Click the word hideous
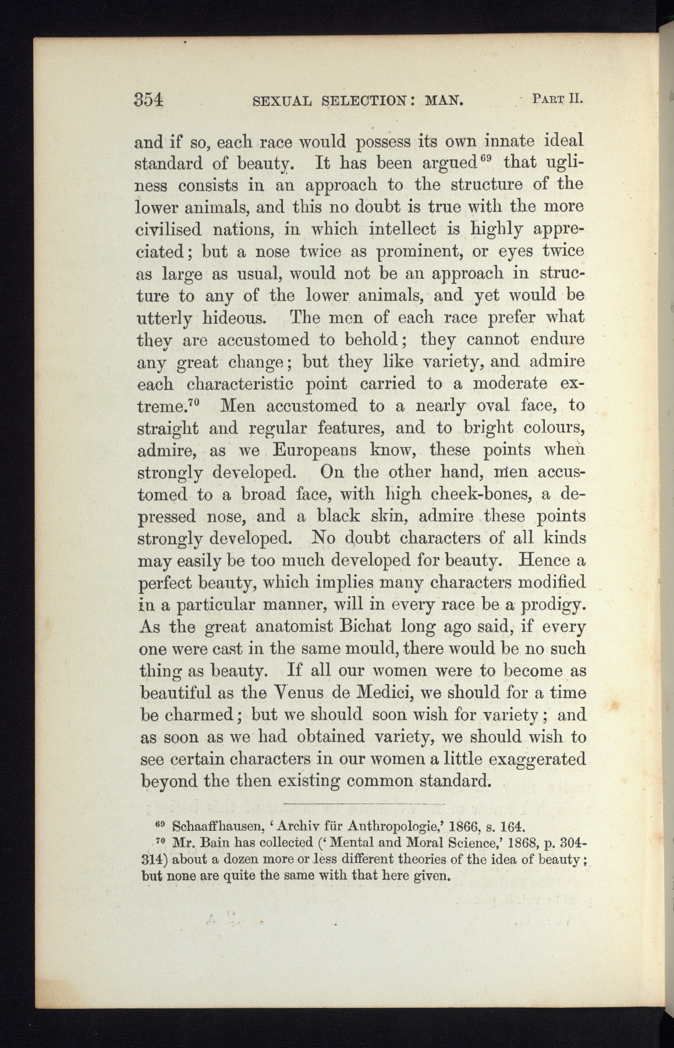[236, 318]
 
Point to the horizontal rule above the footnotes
[364, 804]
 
